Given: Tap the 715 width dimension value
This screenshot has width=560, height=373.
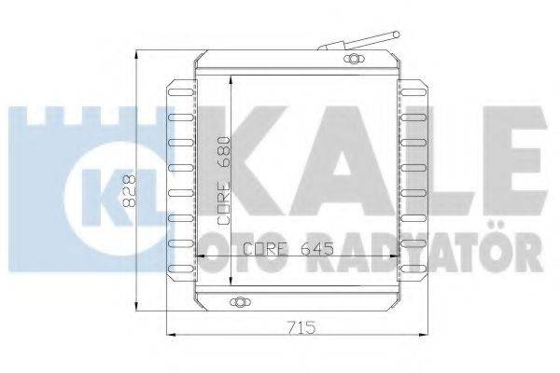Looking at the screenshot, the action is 301,327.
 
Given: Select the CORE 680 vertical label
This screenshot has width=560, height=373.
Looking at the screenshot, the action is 224,180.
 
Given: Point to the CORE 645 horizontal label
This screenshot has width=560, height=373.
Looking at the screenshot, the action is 288,249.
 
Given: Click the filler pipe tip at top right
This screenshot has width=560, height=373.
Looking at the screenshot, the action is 396,35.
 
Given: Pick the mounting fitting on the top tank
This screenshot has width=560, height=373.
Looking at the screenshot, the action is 353,59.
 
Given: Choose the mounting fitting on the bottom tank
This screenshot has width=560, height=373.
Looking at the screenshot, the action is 241,302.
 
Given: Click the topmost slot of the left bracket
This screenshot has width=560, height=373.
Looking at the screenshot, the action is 180,92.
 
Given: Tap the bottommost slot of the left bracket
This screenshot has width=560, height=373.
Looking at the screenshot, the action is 180,269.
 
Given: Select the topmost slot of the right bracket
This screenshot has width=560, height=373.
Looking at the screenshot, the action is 413,92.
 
